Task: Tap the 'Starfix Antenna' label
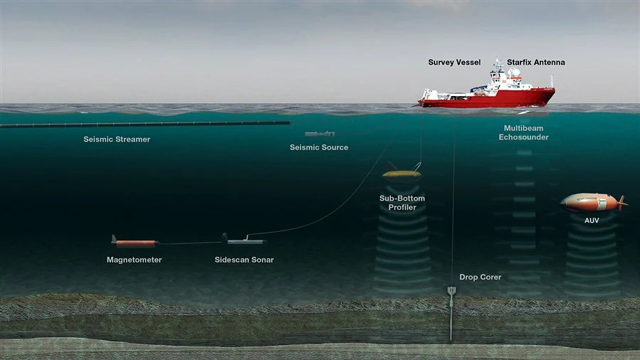pos(535,63)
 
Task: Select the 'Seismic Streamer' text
pos(117,139)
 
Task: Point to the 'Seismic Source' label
pos(319,147)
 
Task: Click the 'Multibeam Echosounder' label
pos(523,132)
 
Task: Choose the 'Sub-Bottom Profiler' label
pos(402,203)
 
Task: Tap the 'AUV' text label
pos(592,221)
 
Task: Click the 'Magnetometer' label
pos(134,260)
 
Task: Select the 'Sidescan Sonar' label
pos(244,260)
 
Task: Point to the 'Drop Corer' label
pos(480,277)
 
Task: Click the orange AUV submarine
pos(590,202)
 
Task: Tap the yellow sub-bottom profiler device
pos(401,174)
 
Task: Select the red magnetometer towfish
pos(135,243)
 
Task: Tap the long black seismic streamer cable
pos(142,124)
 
